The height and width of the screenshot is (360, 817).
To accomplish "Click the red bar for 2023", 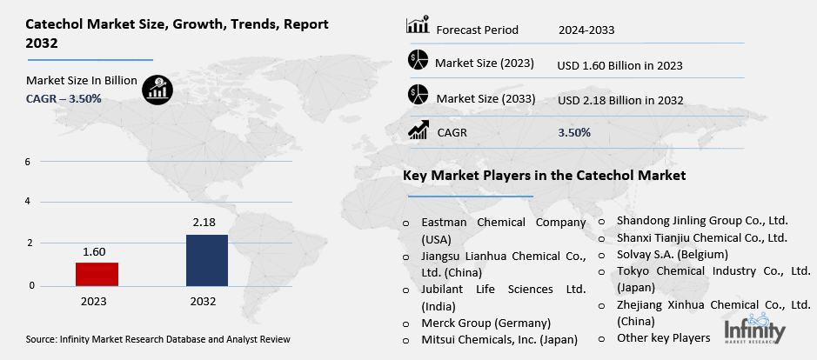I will [97, 273].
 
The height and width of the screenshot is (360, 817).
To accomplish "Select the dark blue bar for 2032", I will [206, 259].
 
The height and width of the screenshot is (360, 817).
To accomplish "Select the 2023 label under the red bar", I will [95, 302].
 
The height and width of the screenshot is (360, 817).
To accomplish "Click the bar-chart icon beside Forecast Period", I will [418, 26].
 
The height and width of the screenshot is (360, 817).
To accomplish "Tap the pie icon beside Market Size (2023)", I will [418, 62].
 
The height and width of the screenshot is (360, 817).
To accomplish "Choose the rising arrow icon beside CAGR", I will [418, 130].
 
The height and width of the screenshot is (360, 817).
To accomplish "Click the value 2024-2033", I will [586, 30].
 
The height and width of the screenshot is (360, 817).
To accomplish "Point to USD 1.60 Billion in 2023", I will [619, 65].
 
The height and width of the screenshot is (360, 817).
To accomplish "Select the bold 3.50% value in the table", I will [574, 133].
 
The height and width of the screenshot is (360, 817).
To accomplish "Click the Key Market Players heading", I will [544, 176].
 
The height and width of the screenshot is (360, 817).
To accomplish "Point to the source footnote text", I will [158, 339].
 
